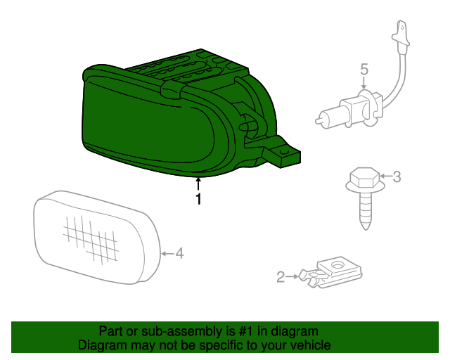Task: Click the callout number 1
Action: (x=198, y=200)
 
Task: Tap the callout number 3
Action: (x=397, y=176)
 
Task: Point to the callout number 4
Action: (x=179, y=252)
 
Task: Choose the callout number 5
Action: (x=364, y=69)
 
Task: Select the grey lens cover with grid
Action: (x=96, y=237)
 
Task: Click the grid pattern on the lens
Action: (x=90, y=237)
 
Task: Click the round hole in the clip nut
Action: (x=337, y=266)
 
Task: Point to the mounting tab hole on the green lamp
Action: (x=284, y=150)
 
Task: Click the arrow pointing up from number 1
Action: (x=198, y=184)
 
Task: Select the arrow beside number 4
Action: (x=167, y=252)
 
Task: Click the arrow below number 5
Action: (x=364, y=84)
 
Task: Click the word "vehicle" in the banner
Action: (x=310, y=345)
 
